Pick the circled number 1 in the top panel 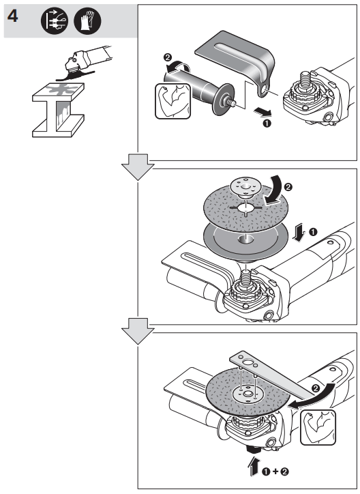[267, 125]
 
